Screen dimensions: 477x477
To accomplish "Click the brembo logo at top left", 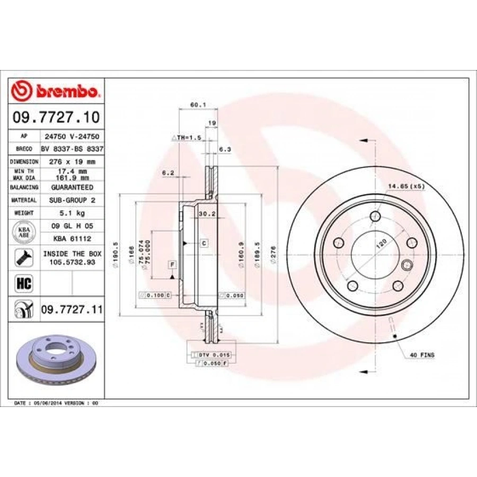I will point(55,91).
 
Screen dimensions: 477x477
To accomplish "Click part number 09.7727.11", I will point(71,308).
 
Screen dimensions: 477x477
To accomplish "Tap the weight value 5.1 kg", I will point(72,213).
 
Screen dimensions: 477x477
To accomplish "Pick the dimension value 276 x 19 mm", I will point(72,161).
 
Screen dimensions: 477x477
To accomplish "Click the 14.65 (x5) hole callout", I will point(407,186).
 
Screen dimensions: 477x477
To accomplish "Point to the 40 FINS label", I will point(422,355).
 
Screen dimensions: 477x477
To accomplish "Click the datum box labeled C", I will point(203,243).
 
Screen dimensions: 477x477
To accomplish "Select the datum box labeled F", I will point(172,264).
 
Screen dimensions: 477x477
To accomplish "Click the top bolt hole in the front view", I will point(376,216).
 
